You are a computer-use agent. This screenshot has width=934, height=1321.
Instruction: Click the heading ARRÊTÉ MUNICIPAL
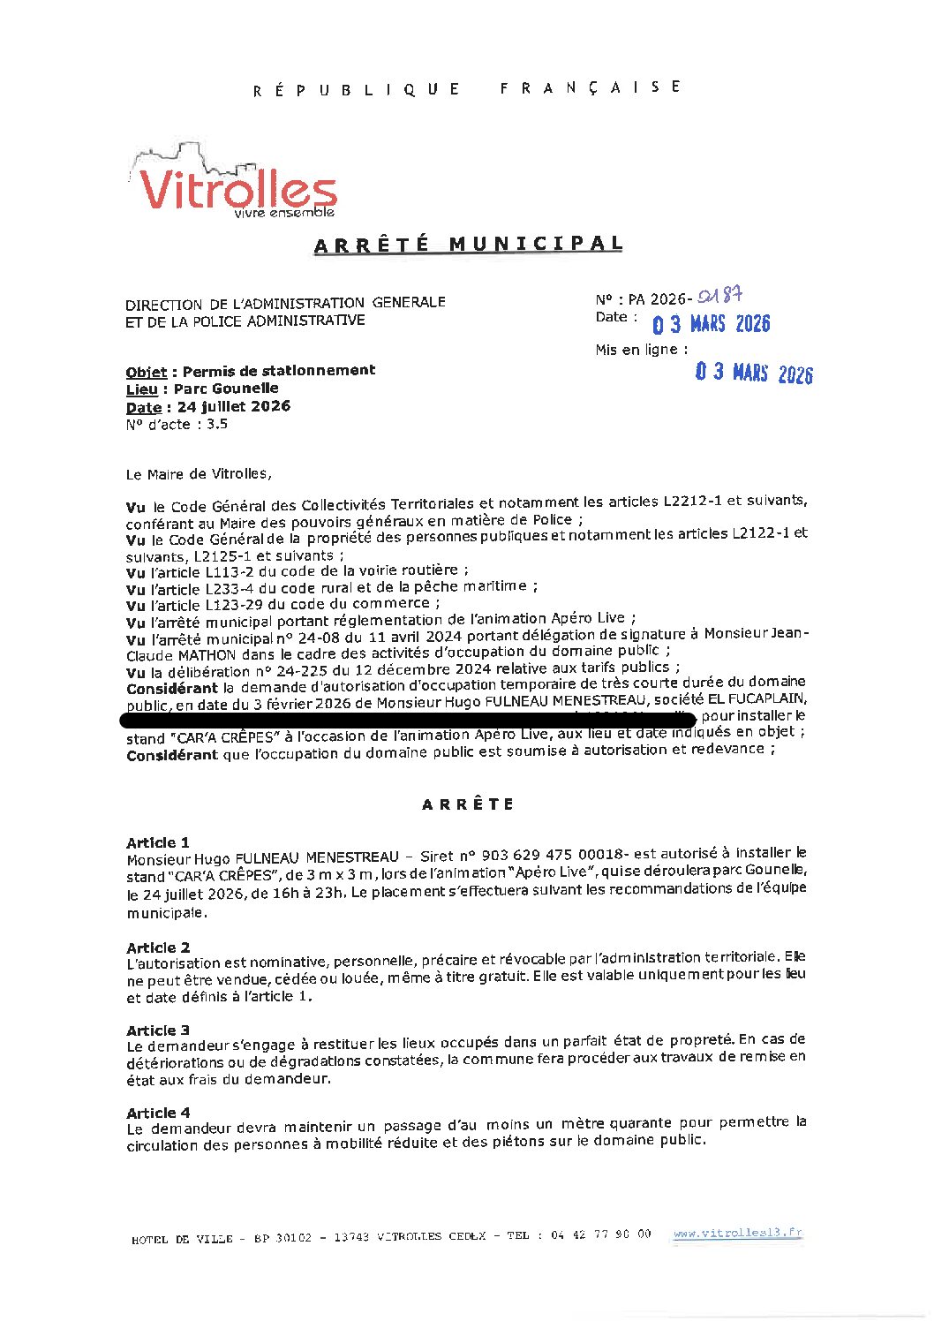tap(468, 245)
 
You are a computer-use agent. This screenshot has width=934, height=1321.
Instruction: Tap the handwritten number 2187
tap(719, 297)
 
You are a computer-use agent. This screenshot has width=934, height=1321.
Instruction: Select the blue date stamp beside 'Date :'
tap(711, 324)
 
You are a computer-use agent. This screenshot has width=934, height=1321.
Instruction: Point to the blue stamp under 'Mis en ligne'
tap(753, 373)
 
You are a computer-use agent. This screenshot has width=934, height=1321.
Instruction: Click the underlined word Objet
tap(145, 372)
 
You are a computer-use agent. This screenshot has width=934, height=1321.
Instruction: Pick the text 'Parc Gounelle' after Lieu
tap(226, 389)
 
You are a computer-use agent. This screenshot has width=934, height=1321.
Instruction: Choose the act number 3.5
tap(217, 424)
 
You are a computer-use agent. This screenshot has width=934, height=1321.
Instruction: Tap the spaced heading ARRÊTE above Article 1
tap(468, 804)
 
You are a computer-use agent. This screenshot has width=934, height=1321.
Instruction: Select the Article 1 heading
tap(158, 842)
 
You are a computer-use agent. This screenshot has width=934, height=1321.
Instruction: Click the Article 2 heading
tap(158, 947)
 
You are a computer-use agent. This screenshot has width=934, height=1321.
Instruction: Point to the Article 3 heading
tap(158, 1030)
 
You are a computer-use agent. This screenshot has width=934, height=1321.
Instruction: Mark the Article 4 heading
tap(158, 1113)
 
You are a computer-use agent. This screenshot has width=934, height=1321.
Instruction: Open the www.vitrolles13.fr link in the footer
tap(737, 1234)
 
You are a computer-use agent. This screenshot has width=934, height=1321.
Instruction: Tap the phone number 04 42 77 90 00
tap(600, 1234)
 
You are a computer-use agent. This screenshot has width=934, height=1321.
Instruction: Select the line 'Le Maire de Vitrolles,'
tap(199, 474)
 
